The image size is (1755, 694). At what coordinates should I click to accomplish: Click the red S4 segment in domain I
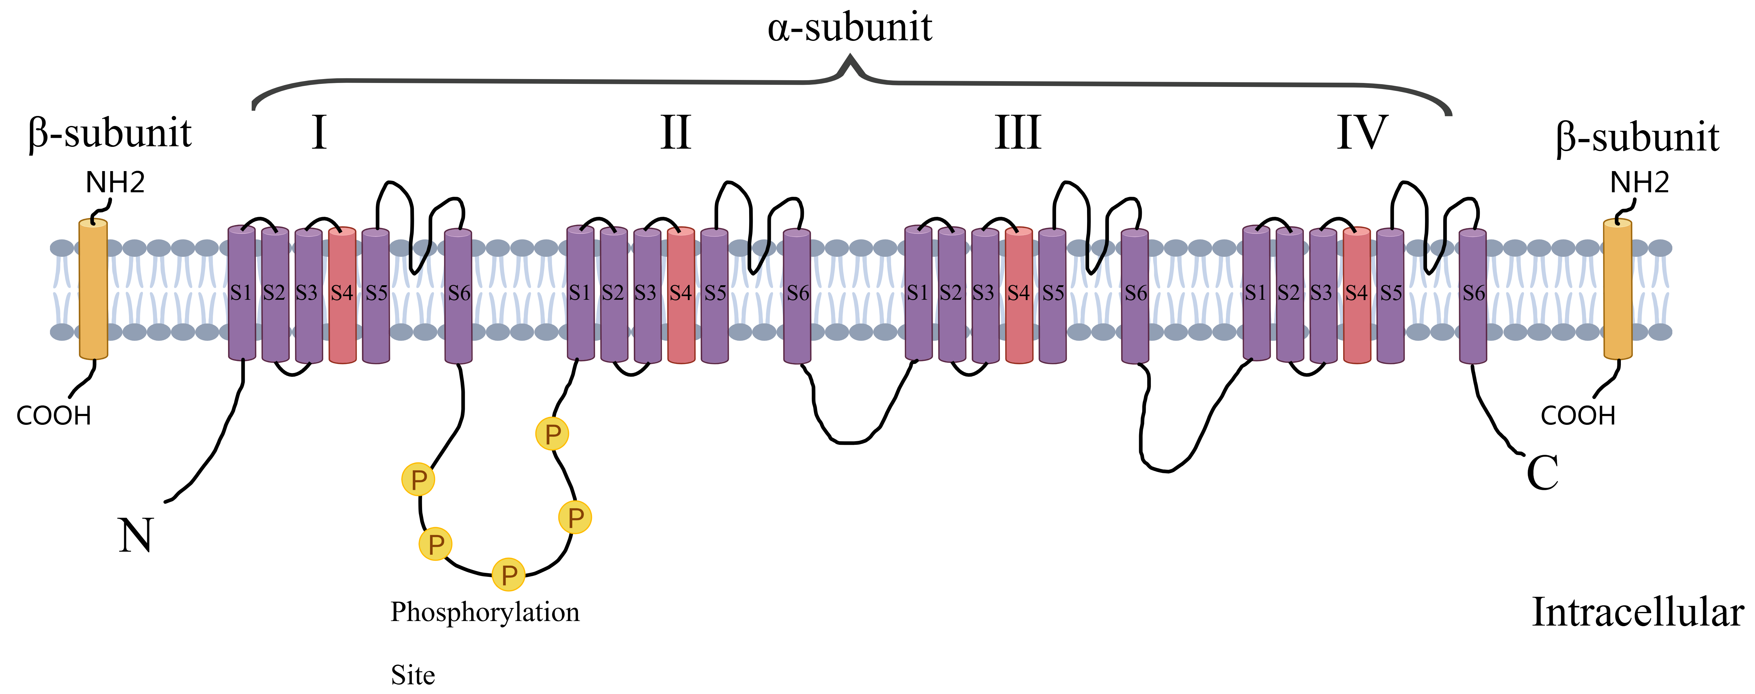pos(342,294)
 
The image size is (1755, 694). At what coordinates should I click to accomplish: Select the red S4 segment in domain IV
pos(1357,294)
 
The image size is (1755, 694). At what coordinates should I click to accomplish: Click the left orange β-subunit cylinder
pos(93,289)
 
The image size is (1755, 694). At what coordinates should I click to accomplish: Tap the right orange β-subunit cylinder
pos(1618,289)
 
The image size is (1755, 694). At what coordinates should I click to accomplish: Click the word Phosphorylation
pos(484,612)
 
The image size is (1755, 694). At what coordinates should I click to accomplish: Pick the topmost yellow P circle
pos(553,434)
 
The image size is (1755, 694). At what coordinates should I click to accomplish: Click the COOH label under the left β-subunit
pos(54,415)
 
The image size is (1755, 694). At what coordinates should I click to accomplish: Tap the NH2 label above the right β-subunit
pos(1639,183)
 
